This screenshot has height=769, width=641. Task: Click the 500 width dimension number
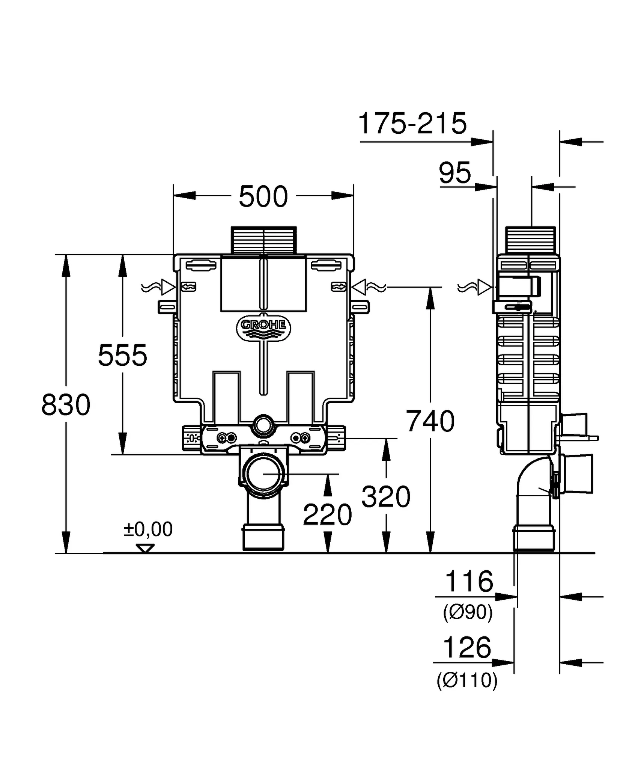tap(263, 196)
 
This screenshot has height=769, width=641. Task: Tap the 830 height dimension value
tap(66, 405)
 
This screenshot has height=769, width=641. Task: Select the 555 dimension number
tap(122, 356)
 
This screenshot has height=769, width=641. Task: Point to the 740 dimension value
tap(430, 422)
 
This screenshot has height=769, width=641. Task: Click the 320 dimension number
tap(386, 497)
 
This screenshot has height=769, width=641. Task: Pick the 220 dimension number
tap(327, 515)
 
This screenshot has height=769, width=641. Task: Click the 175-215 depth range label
tap(412, 124)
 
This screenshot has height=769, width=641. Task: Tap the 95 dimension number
tap(455, 173)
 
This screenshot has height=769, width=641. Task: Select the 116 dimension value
tap(469, 582)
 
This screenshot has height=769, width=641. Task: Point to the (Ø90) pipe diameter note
tap(468, 612)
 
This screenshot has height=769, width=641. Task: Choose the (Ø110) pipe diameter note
tap(467, 679)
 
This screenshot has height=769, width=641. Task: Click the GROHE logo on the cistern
tap(263, 325)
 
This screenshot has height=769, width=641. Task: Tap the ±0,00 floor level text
tap(148, 529)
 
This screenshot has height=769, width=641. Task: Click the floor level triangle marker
tap(145, 549)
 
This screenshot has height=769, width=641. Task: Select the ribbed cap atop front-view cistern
tap(263, 240)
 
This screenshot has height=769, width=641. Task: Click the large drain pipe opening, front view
tap(263, 475)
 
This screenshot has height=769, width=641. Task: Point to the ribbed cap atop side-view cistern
tap(530, 240)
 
